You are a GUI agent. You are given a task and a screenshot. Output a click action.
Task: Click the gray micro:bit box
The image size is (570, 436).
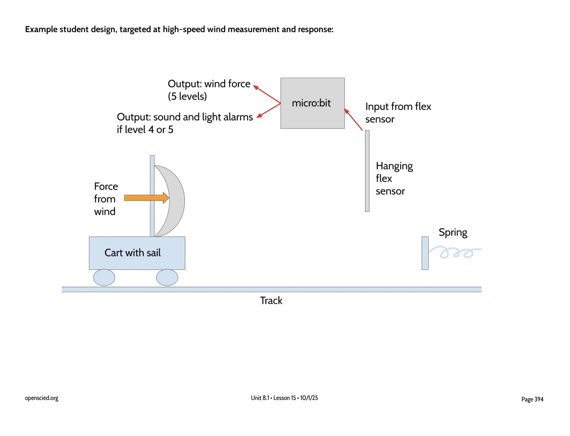click(312, 103)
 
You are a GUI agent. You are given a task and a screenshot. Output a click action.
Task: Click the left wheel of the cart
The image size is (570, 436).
click(104, 277)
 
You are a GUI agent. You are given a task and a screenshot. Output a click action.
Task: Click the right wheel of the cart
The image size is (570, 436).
click(167, 277)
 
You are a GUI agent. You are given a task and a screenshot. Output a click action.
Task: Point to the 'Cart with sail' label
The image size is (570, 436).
click(132, 253)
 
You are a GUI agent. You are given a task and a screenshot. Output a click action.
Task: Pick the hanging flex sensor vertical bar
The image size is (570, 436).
click(367, 171)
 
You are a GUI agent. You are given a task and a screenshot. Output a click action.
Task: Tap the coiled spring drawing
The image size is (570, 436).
click(456, 253)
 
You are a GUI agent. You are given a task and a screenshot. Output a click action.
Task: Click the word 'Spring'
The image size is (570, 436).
click(453, 233)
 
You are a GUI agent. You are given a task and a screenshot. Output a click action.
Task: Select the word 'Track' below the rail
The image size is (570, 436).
click(271, 300)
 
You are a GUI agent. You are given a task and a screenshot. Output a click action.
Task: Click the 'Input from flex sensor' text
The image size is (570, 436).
click(398, 113)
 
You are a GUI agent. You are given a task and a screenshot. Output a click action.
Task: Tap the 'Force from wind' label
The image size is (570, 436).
click(106, 199)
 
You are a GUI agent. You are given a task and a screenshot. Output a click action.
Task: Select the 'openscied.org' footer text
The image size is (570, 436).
click(42, 398)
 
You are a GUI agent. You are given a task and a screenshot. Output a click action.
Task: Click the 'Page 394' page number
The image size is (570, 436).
click(532, 399)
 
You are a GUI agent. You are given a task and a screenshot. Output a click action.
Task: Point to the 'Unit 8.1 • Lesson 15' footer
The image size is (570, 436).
click(284, 398)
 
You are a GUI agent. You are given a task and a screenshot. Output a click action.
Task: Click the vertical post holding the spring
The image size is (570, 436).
click(425, 253)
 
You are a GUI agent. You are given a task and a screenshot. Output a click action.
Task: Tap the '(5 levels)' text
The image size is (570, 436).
click(187, 97)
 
